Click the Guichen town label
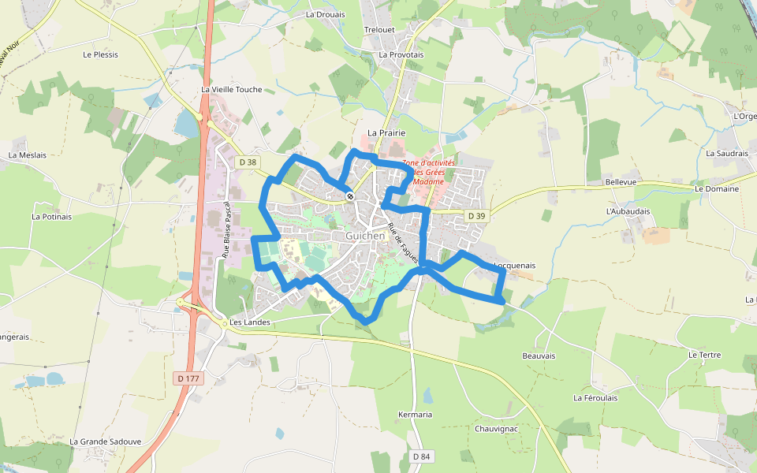365,236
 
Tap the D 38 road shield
247,162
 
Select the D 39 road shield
475,216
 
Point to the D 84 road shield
421,456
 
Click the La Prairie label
386,133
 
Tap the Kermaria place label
415,415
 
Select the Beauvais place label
539,356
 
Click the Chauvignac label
496,428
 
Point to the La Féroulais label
595,398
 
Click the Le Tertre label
704,355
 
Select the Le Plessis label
100,54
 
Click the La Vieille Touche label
231,90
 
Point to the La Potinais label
51,216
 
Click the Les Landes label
250,322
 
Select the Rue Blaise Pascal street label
226,229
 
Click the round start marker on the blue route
349,196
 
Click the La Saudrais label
726,153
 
